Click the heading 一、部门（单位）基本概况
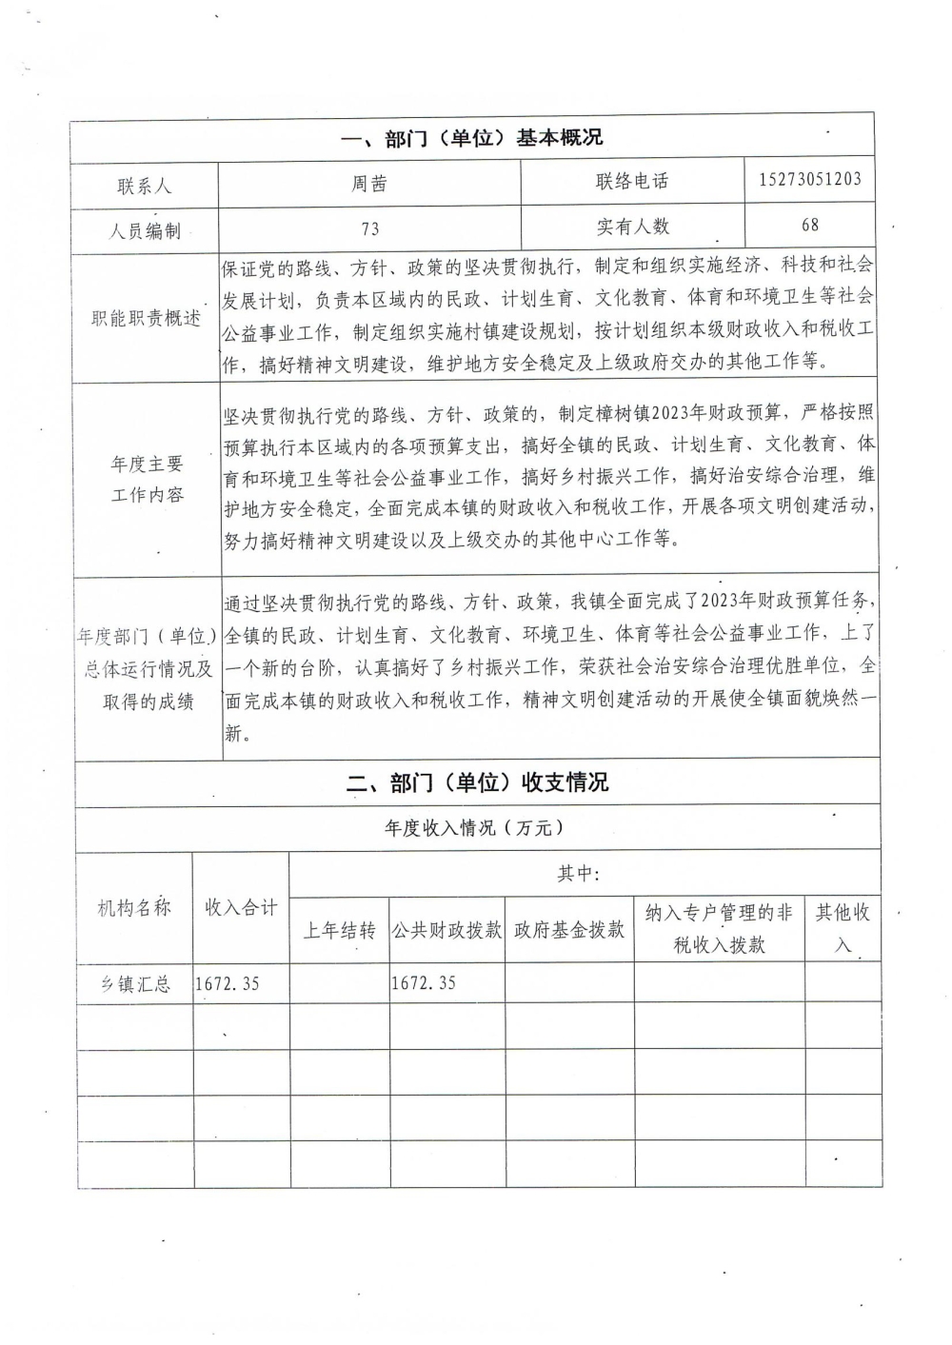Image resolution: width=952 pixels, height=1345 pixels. click(471, 138)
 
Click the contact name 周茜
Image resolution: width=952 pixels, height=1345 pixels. click(369, 183)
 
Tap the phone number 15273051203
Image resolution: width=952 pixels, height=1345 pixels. click(810, 179)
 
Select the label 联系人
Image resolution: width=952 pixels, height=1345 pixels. click(145, 186)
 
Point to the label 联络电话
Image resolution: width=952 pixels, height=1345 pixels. click(632, 181)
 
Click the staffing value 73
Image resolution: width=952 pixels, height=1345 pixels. click(369, 228)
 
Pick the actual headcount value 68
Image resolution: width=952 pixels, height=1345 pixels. click(810, 225)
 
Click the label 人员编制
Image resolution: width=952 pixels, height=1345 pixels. click(145, 230)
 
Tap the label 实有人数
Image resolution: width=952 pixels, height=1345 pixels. click(632, 227)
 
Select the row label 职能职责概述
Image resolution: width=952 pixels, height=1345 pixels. click(146, 319)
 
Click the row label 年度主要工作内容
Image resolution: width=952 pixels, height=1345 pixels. click(147, 480)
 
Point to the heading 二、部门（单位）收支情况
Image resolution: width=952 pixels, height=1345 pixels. click(477, 783)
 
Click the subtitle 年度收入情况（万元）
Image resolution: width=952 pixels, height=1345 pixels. click(474, 828)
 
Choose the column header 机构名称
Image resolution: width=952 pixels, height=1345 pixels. click(134, 908)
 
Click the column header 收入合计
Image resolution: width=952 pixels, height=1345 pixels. click(241, 908)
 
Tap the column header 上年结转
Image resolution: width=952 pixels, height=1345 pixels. click(339, 930)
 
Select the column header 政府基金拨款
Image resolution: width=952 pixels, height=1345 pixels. click(569, 930)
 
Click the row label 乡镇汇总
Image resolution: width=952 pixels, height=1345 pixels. click(135, 984)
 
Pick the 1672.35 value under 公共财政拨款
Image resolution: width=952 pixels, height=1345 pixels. click(424, 983)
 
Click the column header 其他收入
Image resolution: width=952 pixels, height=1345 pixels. click(843, 928)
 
